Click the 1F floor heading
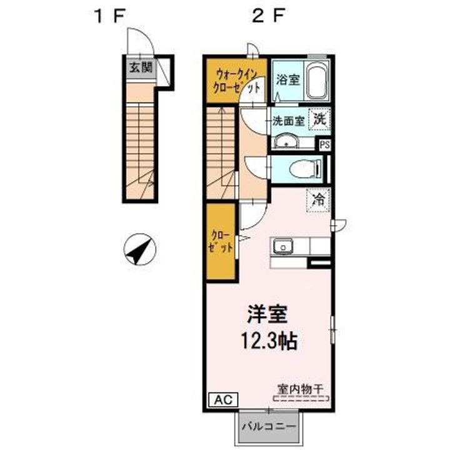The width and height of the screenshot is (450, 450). [110, 16]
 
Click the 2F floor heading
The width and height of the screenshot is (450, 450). [268, 16]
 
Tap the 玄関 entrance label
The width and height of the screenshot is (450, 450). [141, 68]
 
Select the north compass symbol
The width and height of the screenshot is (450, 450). [140, 249]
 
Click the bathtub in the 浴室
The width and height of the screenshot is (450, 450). [317, 81]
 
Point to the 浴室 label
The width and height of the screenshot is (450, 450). [288, 80]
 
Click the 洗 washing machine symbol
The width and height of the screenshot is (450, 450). [319, 119]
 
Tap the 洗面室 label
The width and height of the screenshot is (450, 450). [288, 121]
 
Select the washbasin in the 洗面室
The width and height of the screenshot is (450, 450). [286, 142]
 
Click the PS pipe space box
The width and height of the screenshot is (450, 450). [325, 145]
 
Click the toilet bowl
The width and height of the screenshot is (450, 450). [306, 169]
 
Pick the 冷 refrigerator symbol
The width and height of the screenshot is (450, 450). [318, 200]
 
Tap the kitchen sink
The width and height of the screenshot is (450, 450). [283, 247]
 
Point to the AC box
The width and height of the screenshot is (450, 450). [223, 399]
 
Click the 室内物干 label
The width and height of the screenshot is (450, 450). [300, 389]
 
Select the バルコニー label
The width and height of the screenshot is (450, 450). [269, 426]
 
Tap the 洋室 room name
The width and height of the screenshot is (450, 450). [267, 314]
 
